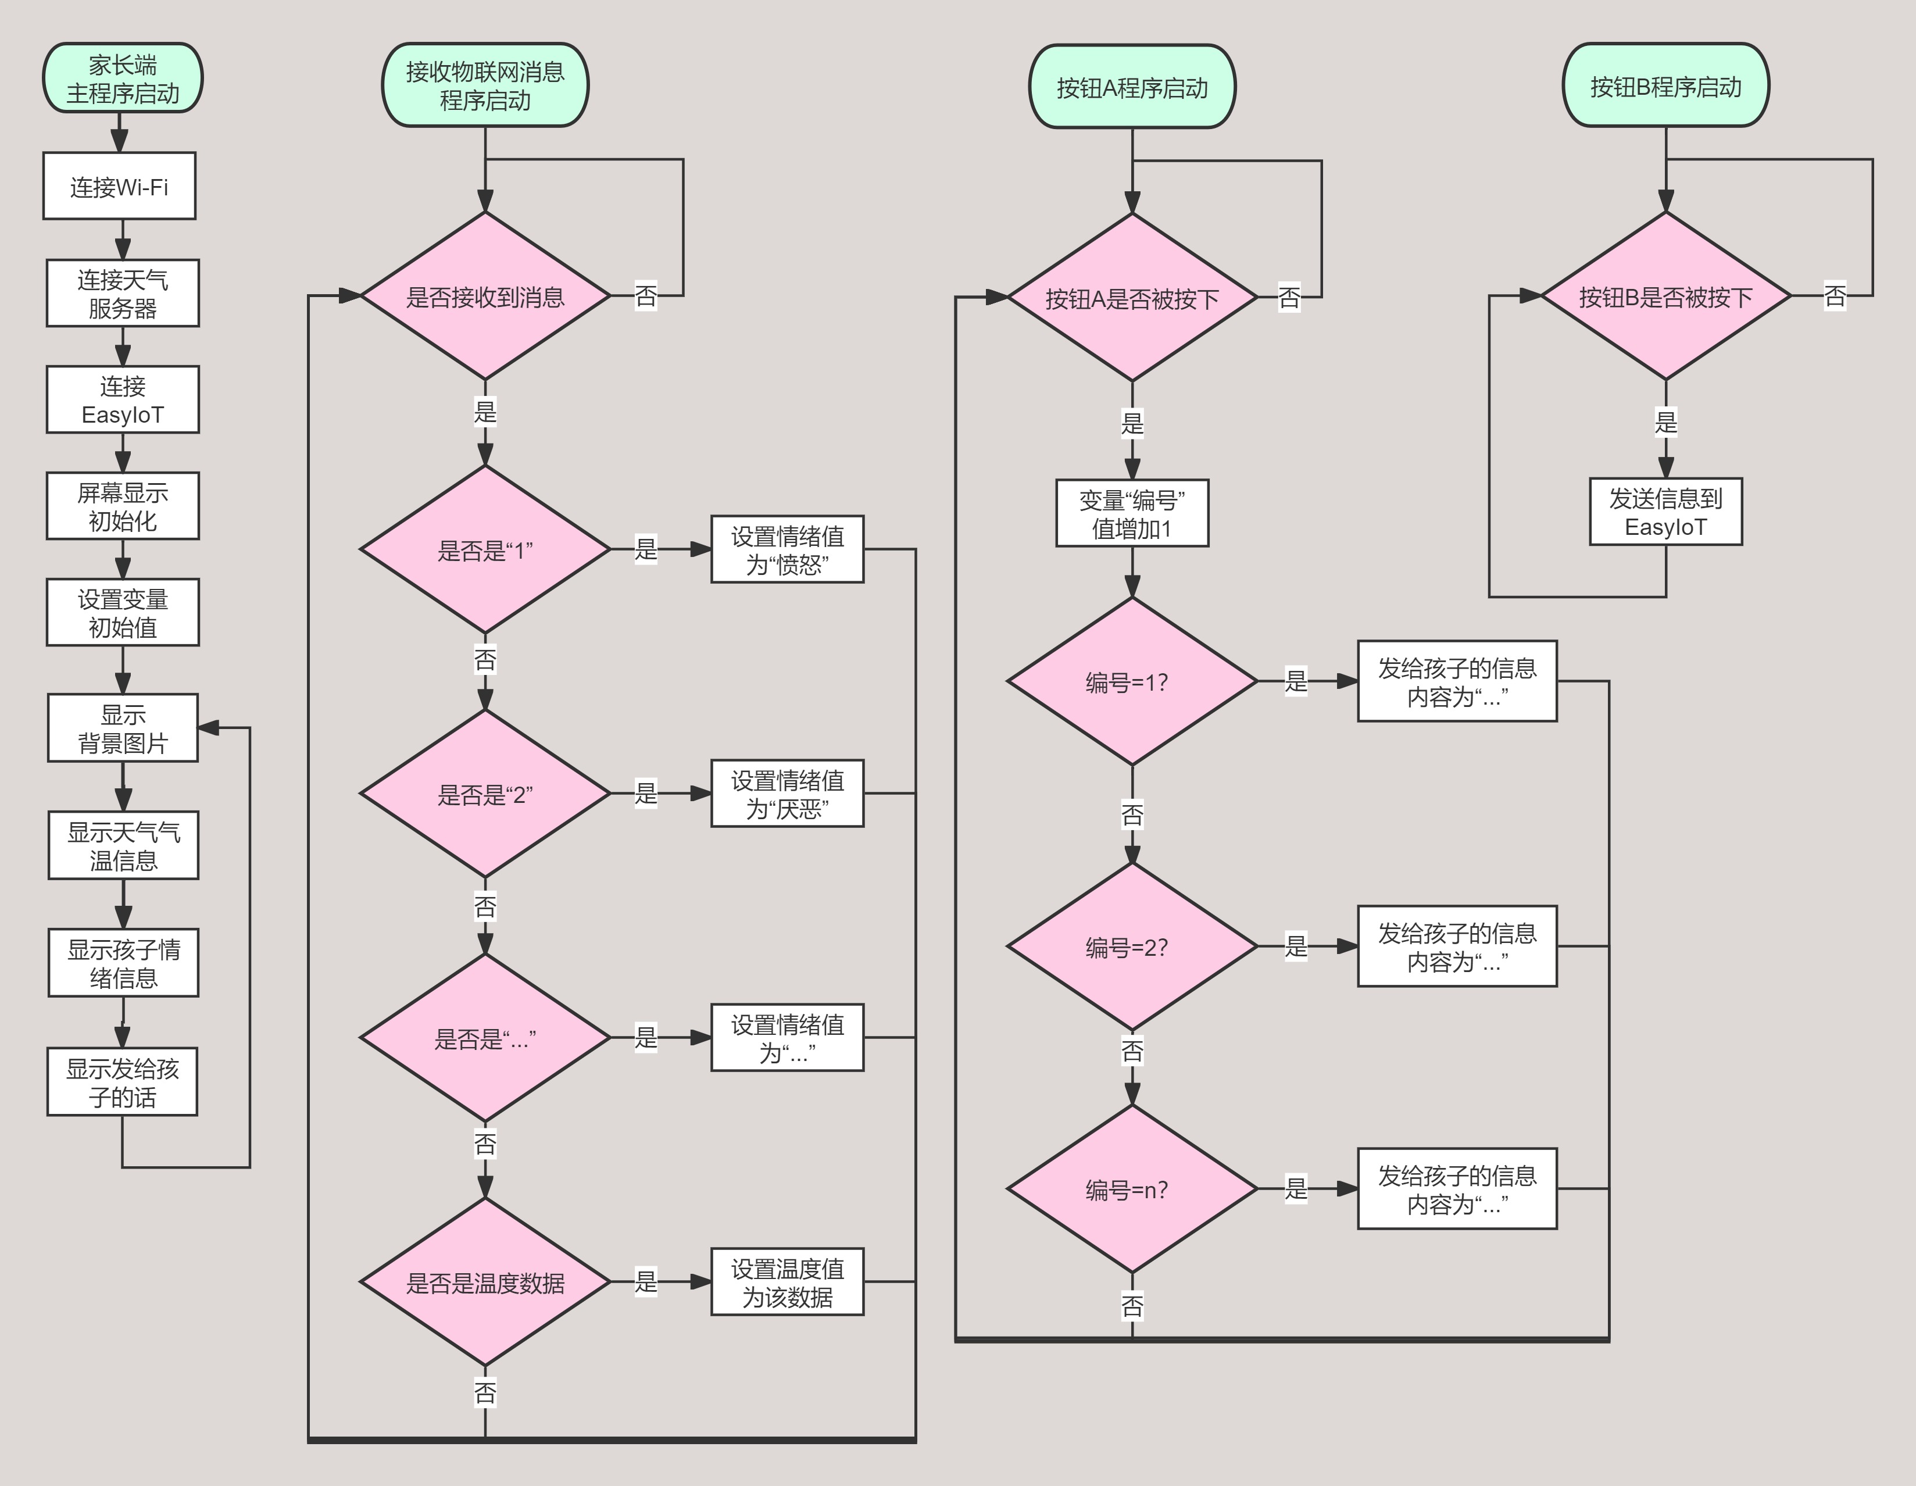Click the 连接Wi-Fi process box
pos(119,186)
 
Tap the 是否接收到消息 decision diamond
pos(485,297)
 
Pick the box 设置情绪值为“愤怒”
pos(787,550)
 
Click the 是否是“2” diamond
pos(485,794)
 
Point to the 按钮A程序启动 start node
pos(1132,87)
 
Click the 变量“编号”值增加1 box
pos(1132,513)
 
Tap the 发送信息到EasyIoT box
pos(1665,512)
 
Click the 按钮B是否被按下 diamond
pos(1665,297)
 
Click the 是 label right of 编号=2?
pos(1296,946)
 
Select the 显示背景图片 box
pos(123,728)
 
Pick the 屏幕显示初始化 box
pos(123,506)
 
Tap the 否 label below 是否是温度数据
pos(485,1392)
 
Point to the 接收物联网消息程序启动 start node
pos(485,85)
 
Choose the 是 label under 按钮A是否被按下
pos(1132,423)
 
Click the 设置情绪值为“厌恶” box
pos(787,794)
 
